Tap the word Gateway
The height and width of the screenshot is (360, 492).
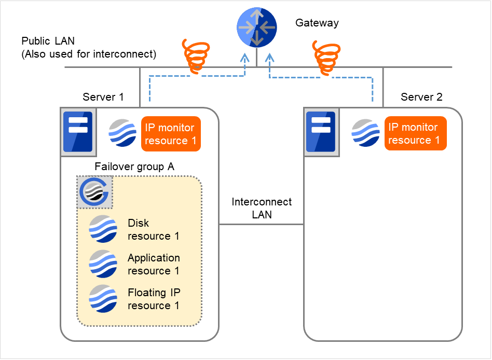[x=317, y=23]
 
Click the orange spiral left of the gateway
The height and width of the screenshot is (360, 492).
[x=196, y=56]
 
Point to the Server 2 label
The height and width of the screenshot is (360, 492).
[x=421, y=97]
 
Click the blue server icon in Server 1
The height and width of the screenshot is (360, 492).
[x=77, y=132]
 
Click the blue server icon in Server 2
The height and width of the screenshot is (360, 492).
[x=320, y=132]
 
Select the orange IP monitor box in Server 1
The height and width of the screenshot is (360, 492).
[x=170, y=134]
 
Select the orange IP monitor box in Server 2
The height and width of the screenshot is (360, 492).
[x=415, y=133]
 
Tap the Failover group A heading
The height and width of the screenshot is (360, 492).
[x=134, y=167]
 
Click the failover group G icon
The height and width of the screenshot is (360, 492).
[x=94, y=192]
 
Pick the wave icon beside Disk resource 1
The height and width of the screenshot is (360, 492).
[x=103, y=229]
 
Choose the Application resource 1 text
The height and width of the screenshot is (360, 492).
[x=154, y=264]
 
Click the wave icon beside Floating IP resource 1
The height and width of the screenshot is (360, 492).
[x=103, y=299]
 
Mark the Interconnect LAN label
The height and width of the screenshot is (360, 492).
[x=262, y=208]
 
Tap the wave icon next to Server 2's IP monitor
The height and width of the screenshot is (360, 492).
[x=365, y=133]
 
